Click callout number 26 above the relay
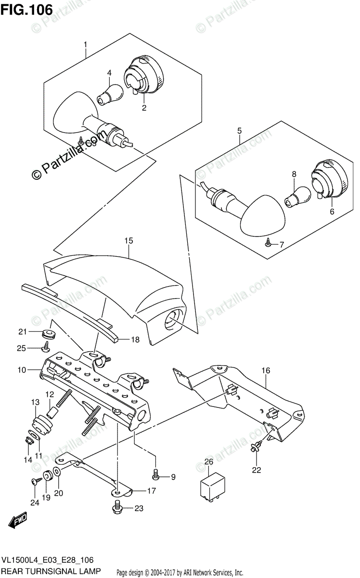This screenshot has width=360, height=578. pos(208,462)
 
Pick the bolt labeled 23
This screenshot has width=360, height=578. pos(117,507)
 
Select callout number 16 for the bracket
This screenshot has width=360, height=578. pos(266,370)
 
